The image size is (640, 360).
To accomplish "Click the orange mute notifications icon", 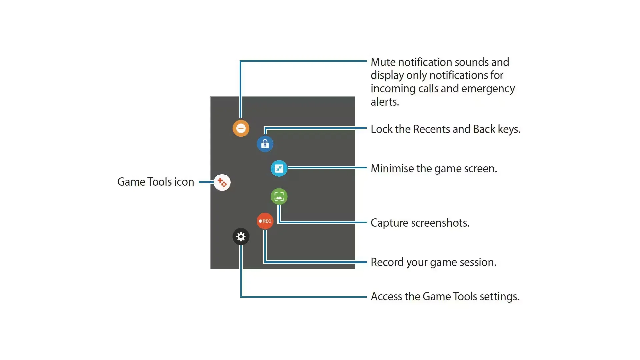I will coord(241,128).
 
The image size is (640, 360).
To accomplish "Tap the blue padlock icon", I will coord(265,144).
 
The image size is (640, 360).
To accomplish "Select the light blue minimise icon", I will coord(279,168).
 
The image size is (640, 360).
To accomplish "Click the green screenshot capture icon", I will coord(279,197).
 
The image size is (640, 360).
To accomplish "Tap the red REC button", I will coord(265,221).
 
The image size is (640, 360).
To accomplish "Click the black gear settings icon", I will coord(241,237).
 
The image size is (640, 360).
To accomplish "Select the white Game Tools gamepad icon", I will coord(222,182).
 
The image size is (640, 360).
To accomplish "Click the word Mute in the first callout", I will coord(383,62).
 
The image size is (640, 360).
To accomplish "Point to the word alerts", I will coord(385,102).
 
